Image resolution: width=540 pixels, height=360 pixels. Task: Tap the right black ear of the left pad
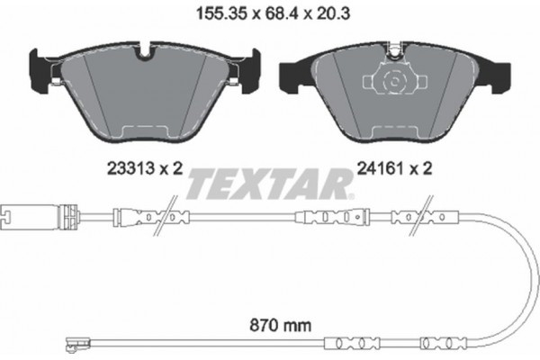click(252, 68)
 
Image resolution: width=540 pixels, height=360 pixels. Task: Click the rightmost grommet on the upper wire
click(438, 216)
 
